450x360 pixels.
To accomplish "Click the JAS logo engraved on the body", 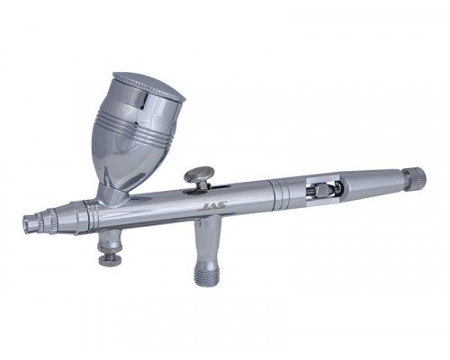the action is coord(213,206).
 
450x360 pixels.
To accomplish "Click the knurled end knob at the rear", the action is coord(414,178).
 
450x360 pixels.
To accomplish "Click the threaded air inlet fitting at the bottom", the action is coord(207,274).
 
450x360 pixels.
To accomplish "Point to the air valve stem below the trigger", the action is coord(208,240).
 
